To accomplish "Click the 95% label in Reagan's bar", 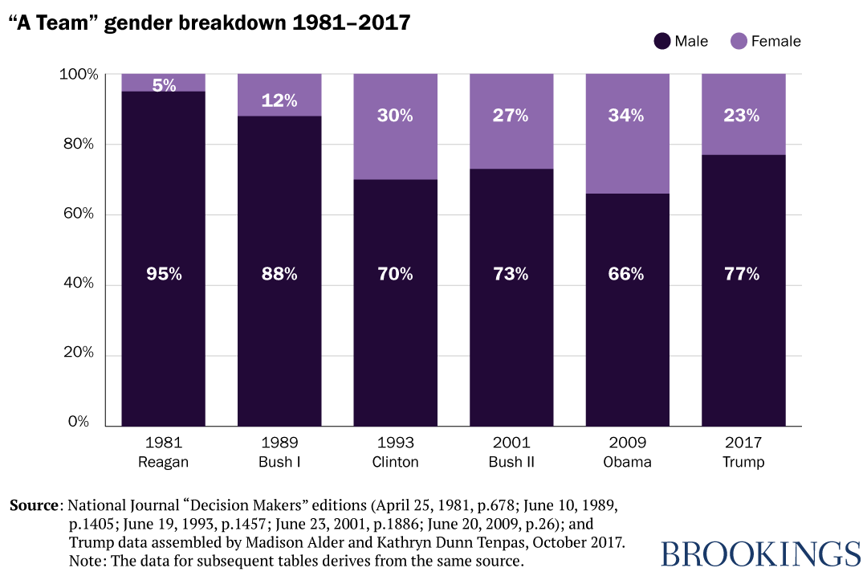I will coord(164,274).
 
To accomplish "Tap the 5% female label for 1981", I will coord(164,84).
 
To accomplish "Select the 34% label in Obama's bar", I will coord(627,116).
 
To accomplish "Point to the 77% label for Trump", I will coord(743,274).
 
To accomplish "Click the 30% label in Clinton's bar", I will coord(395,116).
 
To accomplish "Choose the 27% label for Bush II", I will coord(511,116).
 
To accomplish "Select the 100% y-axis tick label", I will coord(78,75).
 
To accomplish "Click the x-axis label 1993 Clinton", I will coord(395,452).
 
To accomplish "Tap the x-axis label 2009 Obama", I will coord(627,452).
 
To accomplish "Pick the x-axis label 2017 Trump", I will coord(743,452).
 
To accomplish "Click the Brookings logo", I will coord(759,554).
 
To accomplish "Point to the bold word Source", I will coord(35,506).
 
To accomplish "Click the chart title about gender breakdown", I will coord(210,22).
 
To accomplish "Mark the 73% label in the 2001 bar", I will coord(511,274).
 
